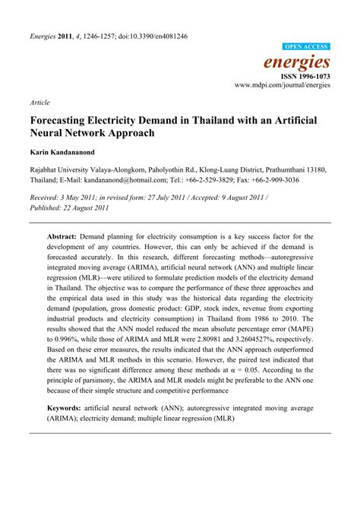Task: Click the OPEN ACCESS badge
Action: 306,46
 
